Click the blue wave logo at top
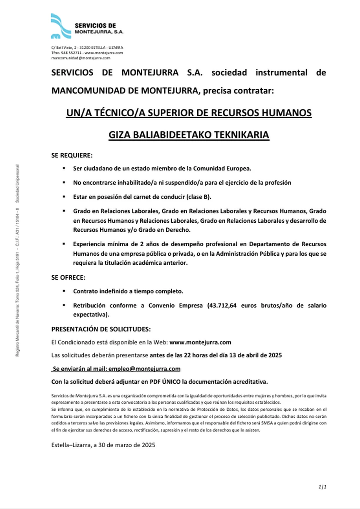[x=60, y=26]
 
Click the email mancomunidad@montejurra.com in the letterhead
[x=81, y=58]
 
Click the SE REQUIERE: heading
[x=72, y=156]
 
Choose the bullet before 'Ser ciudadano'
[x=65, y=168]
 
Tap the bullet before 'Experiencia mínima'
[x=65, y=244]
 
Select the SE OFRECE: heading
[x=68, y=277]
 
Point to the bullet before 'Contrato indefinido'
[x=65, y=291]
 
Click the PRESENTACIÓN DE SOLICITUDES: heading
[x=101, y=329]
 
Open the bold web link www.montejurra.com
[x=200, y=342]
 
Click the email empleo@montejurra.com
[x=144, y=369]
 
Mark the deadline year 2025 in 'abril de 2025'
[x=275, y=355]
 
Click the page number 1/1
[x=322, y=487]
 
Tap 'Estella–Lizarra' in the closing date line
[x=71, y=445]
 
